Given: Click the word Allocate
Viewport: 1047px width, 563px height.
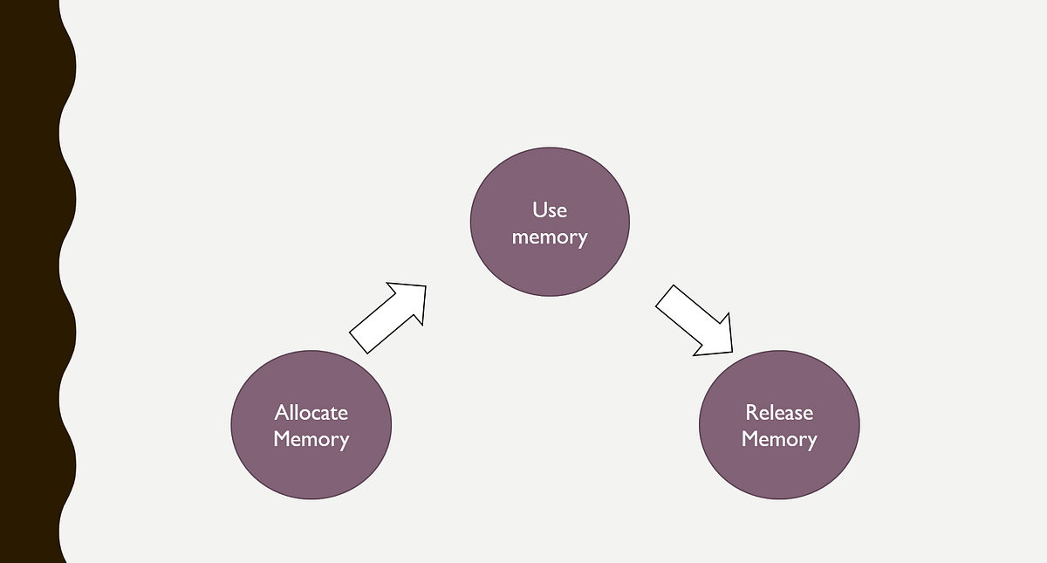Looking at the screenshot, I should coord(311,412).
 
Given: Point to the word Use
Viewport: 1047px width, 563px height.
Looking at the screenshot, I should coord(550,209).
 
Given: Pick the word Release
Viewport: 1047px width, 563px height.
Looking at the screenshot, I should coord(779,412).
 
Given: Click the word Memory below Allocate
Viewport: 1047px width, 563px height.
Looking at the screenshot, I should coord(311,439).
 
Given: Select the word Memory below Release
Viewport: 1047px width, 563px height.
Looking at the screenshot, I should coord(779,439).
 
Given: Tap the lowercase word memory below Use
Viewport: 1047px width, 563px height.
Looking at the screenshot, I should coord(550,237).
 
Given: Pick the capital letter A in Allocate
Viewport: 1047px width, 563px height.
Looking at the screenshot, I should coord(281,412).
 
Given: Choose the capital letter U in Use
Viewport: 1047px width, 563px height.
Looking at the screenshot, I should coord(538,209).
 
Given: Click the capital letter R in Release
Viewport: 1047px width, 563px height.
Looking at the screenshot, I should coord(751,412).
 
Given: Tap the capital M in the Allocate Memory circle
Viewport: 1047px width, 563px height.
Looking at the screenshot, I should coord(282,439).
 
